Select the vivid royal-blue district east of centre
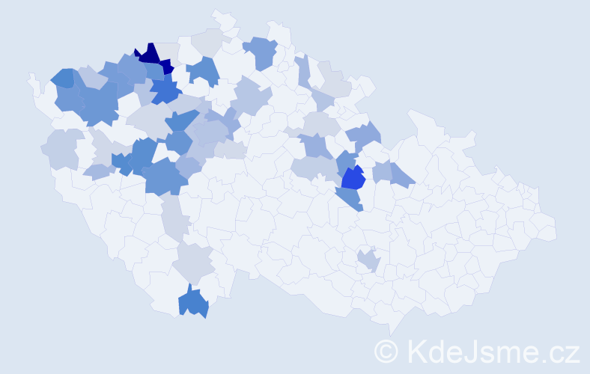[x=353, y=179]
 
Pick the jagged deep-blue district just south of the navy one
[x=165, y=92]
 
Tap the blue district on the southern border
[x=193, y=301]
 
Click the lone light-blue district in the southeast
[x=368, y=260]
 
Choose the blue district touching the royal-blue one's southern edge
[x=350, y=197]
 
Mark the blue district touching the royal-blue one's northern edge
[x=346, y=162]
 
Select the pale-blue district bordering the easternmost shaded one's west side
[x=383, y=171]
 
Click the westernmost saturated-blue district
[x=63, y=77]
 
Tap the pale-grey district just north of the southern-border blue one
[x=194, y=263]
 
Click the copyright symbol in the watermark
[x=386, y=351]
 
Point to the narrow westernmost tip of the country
[x=31, y=78]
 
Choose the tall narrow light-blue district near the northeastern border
[x=302, y=70]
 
